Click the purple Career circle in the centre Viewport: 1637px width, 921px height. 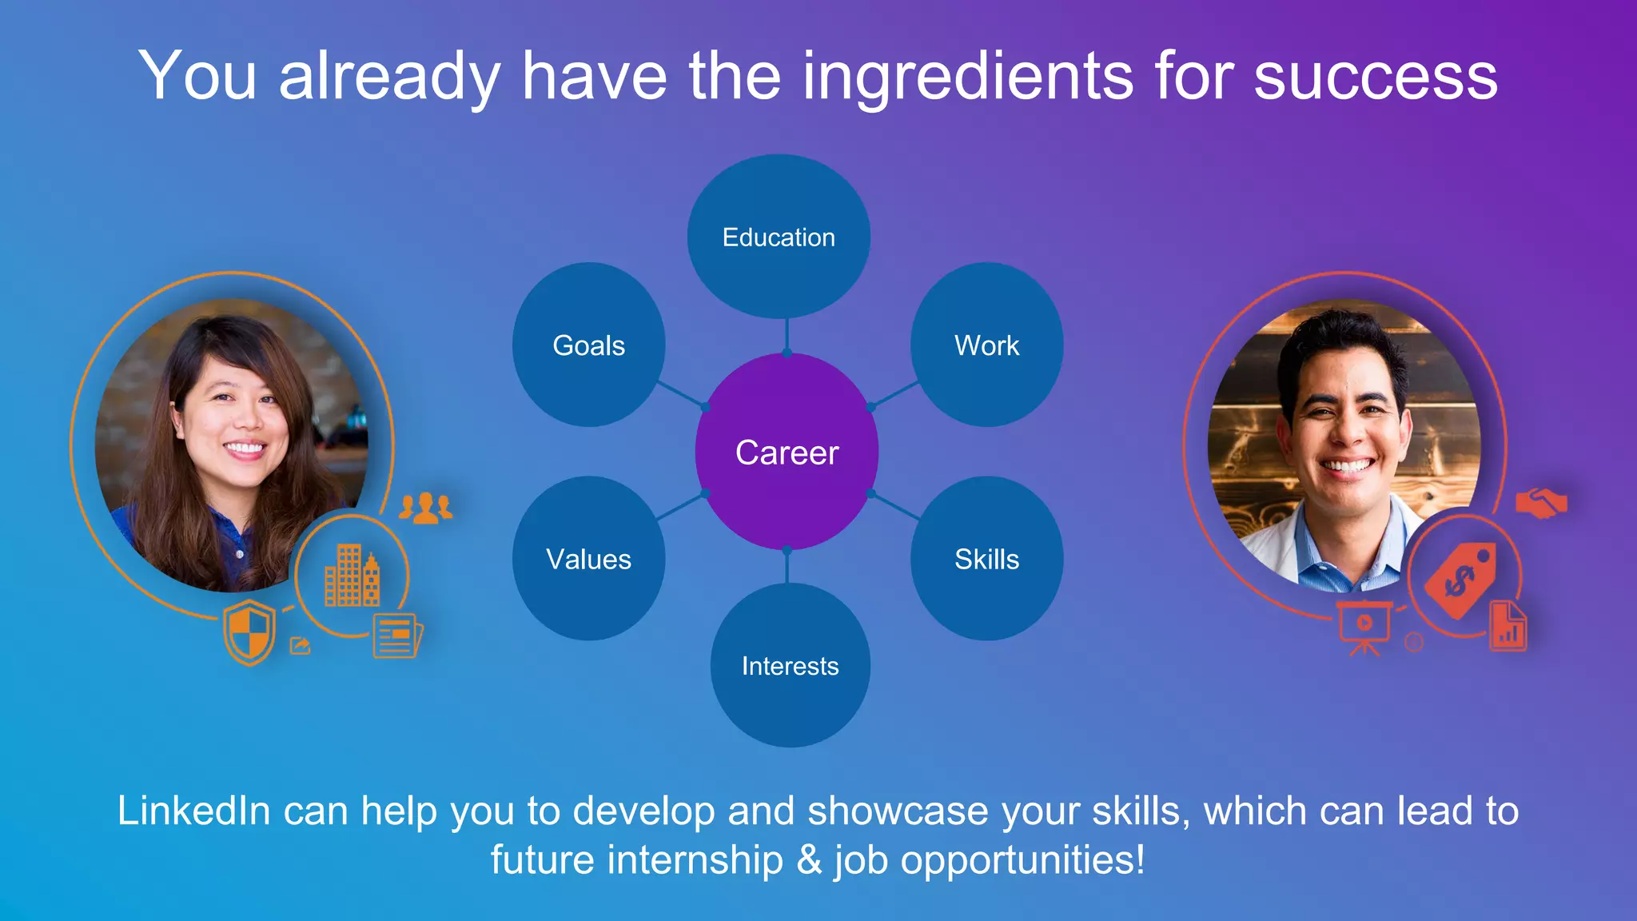[787, 453]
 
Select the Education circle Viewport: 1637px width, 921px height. [779, 237]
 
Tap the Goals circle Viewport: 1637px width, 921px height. [589, 345]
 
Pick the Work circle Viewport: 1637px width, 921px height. [986, 345]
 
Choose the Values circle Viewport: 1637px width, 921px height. [589, 559]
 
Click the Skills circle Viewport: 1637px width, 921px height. [986, 559]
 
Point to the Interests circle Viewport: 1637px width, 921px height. [790, 665]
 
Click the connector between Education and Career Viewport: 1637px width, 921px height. [787, 336]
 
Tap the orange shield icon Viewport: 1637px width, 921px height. [249, 632]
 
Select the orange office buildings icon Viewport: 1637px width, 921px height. [352, 576]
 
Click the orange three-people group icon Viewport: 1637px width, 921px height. [425, 508]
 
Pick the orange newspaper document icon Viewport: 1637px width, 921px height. [396, 636]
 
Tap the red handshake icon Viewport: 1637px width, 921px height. [1541, 503]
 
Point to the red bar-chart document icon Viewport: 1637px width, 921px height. [1508, 627]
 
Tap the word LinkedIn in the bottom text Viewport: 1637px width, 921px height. [194, 811]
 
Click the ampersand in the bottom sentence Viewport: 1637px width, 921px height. [809, 860]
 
